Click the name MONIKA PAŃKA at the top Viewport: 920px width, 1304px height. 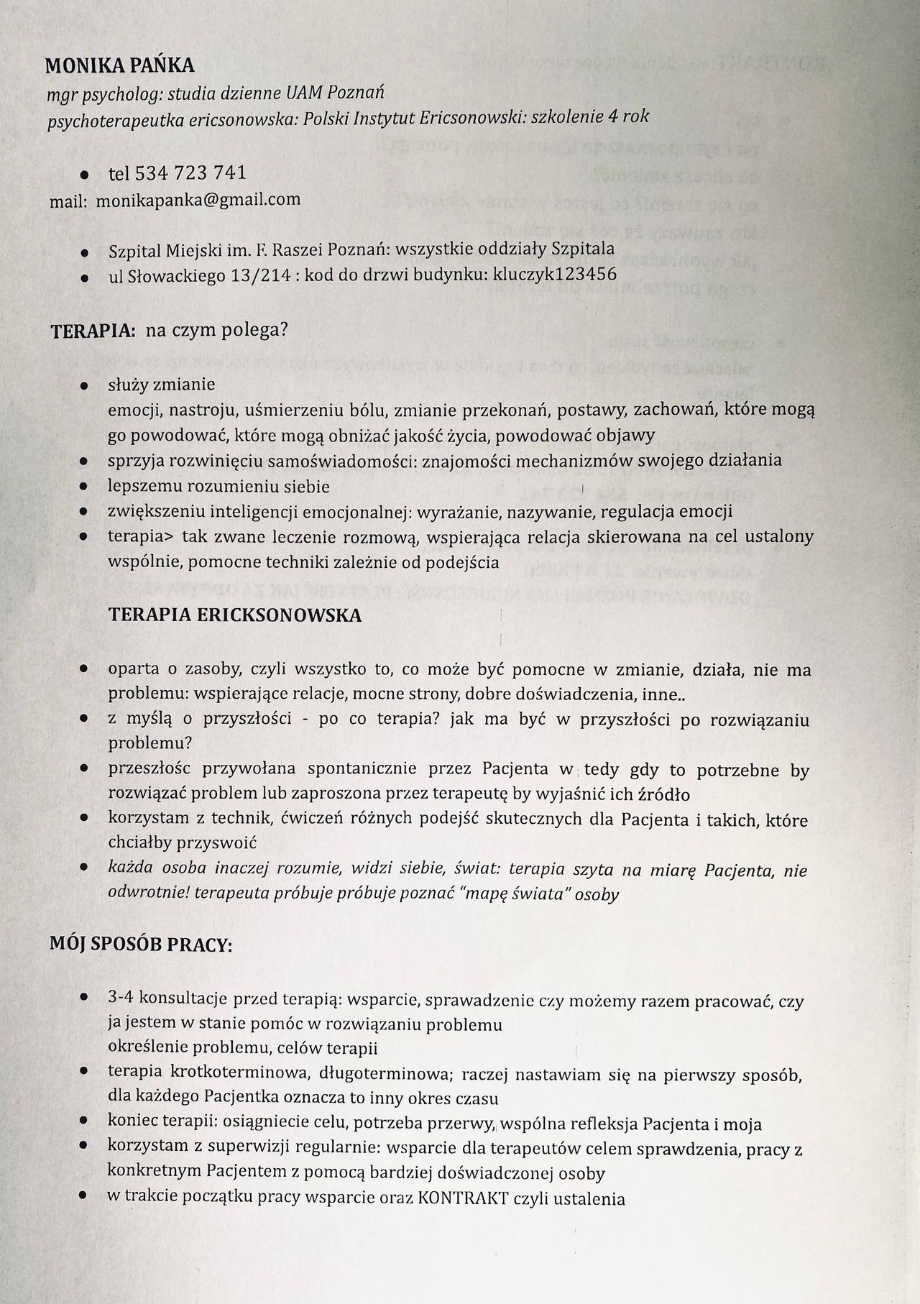click(x=119, y=66)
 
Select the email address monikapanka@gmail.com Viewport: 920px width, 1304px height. click(x=198, y=199)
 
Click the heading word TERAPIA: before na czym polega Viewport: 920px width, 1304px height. click(x=93, y=331)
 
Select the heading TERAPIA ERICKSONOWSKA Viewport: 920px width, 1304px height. click(x=234, y=615)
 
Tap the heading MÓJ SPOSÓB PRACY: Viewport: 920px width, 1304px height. click(x=141, y=945)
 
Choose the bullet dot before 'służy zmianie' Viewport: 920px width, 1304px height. click(x=84, y=386)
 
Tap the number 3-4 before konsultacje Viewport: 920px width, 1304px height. click(x=121, y=997)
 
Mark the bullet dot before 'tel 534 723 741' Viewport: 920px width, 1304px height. click(x=84, y=175)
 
